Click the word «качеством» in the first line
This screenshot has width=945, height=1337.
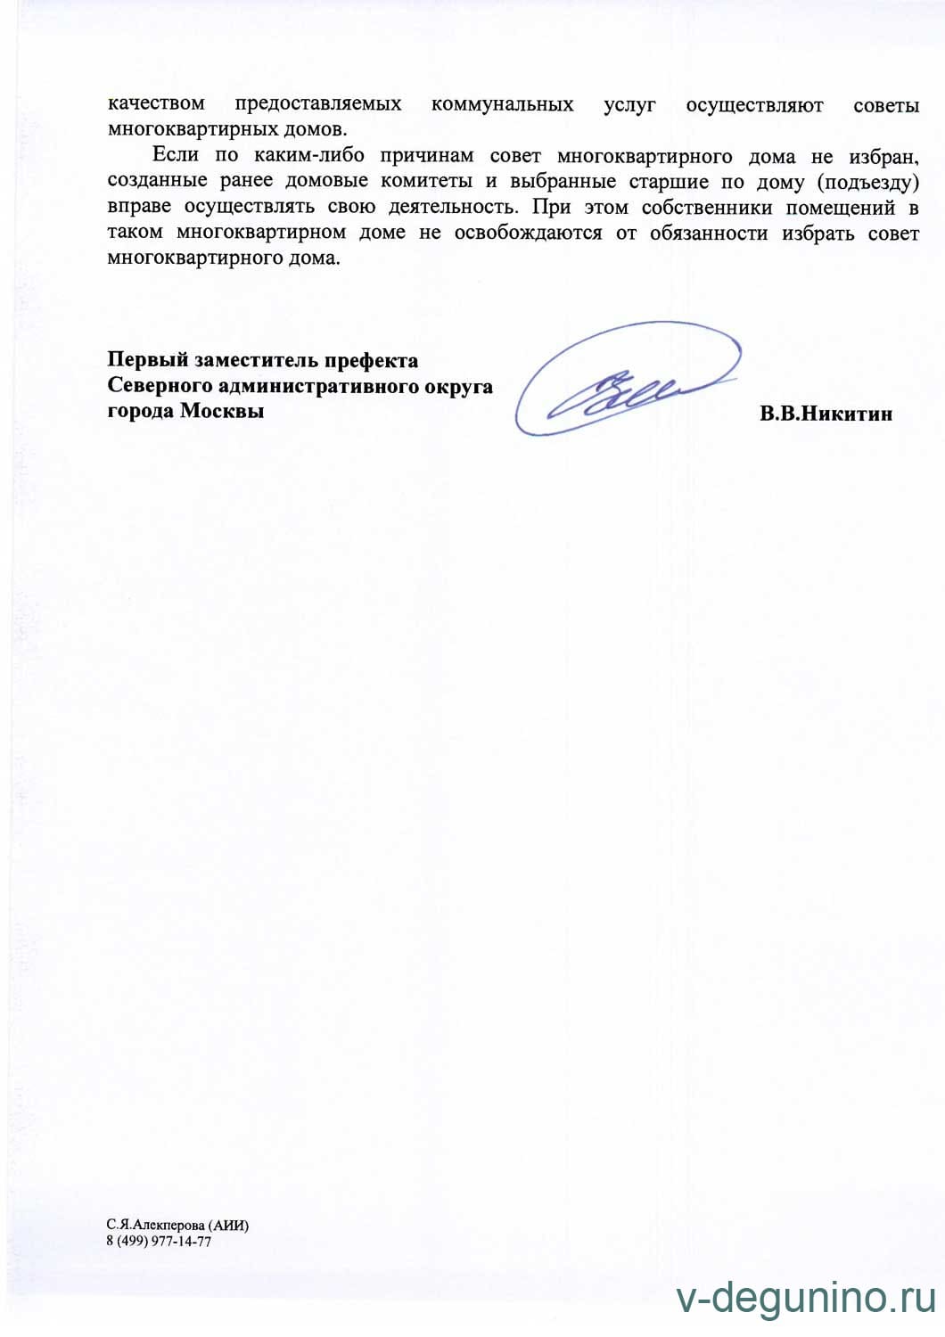point(156,103)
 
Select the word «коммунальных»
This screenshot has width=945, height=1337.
point(502,104)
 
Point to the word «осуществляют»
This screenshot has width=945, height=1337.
point(754,105)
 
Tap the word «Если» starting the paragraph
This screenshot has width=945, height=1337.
point(175,154)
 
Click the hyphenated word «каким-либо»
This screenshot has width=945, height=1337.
point(308,155)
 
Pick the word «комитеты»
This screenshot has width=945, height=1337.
point(426,181)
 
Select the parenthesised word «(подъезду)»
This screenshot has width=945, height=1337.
point(867,183)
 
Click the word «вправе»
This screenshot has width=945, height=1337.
point(139,207)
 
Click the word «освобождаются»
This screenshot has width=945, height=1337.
point(528,233)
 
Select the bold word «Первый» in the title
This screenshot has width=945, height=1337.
point(147,360)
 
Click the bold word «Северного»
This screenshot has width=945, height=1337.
point(160,386)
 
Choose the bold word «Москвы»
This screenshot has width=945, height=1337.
point(222,411)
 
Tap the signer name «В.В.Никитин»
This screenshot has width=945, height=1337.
point(826,414)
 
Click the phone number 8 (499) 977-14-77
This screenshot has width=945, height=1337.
point(159,1242)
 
